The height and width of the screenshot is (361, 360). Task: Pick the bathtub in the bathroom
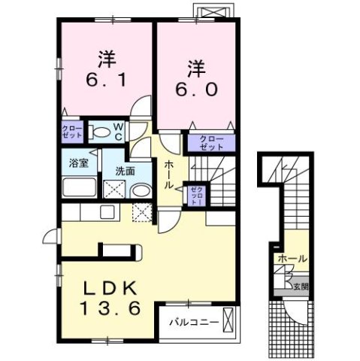(x=78, y=187)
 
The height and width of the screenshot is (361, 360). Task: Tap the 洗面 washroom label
(x=126, y=171)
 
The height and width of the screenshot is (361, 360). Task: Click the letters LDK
(x=108, y=288)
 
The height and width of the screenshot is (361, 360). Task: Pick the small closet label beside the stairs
(x=194, y=195)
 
